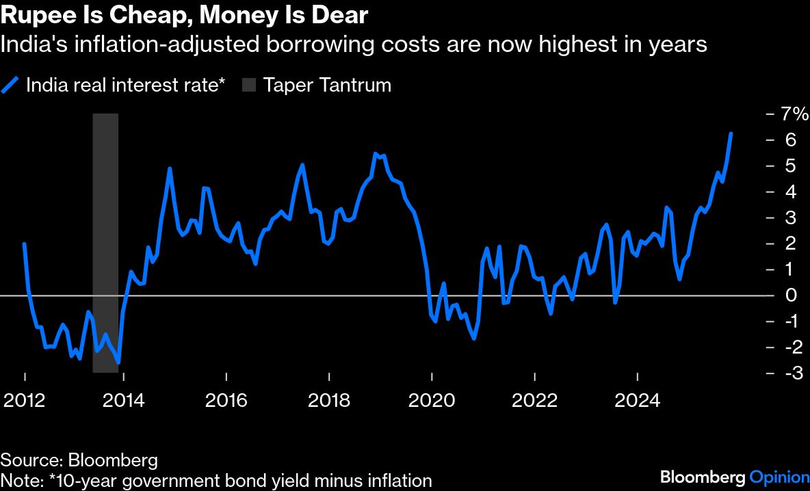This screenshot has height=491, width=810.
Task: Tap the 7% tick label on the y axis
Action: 796,114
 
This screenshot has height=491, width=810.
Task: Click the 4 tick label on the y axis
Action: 792,192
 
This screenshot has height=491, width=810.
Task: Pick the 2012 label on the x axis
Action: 25,399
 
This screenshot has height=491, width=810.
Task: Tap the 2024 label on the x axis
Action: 638,399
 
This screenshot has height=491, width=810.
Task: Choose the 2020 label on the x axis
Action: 432,399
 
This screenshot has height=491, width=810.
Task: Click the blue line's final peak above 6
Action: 731,133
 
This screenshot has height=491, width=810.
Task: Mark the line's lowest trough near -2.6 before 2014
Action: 119,362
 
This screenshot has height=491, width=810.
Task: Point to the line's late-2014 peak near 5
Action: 170,168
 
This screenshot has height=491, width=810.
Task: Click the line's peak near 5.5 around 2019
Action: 375,154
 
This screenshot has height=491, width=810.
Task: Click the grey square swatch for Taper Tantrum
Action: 249,85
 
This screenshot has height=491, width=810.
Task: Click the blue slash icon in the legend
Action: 10,85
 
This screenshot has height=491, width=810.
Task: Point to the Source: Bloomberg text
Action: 79,460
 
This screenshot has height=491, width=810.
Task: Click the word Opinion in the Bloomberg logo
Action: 780,477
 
